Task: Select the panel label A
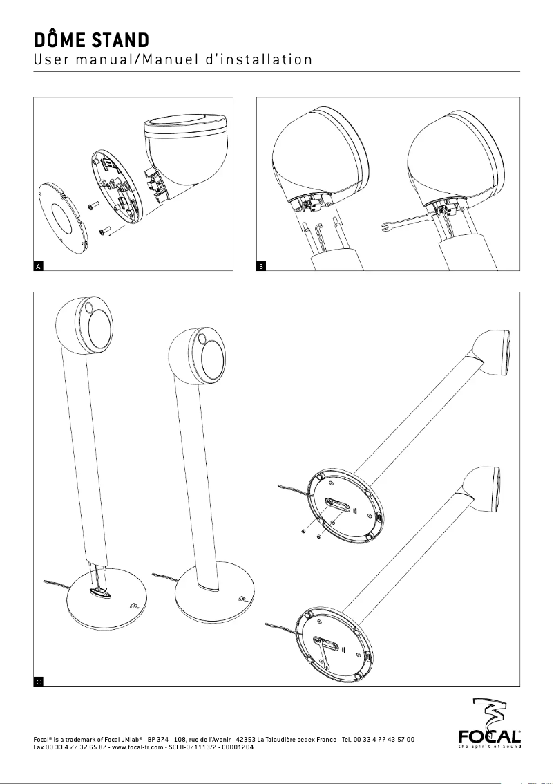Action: pyautogui.click(x=39, y=265)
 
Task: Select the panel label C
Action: pyautogui.click(x=39, y=682)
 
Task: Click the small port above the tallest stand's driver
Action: pyautogui.click(x=89, y=306)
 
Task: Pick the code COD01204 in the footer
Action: pyautogui.click(x=238, y=747)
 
